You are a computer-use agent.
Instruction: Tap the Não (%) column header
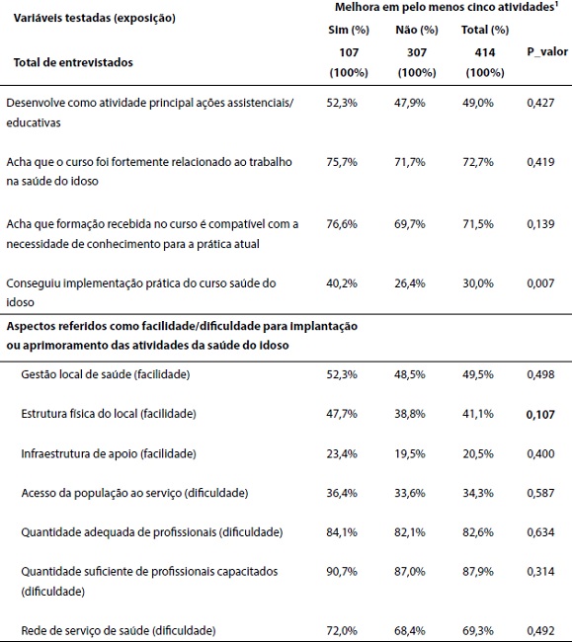pos(404,31)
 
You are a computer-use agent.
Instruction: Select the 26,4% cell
pos(404,283)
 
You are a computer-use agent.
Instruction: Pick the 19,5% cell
pos(404,452)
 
